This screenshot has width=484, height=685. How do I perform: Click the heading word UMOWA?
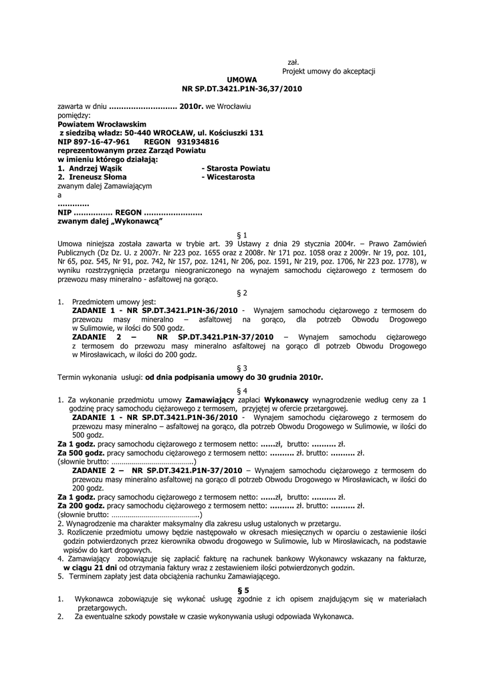click(x=242, y=80)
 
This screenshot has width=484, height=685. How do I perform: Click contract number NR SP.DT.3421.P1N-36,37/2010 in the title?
click(x=242, y=88)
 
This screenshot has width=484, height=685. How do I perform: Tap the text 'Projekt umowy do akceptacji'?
click(x=328, y=71)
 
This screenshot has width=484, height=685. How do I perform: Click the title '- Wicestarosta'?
click(x=228, y=177)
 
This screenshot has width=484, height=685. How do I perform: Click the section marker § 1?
click(x=242, y=235)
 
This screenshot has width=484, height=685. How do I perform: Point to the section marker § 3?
click(x=242, y=368)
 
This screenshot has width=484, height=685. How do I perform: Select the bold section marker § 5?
click(x=242, y=590)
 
